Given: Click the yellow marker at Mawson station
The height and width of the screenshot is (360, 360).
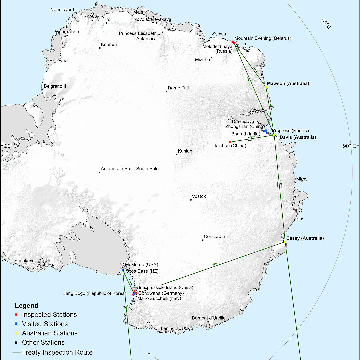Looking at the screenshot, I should (266, 87).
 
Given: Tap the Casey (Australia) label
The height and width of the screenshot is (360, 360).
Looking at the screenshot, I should (305, 238).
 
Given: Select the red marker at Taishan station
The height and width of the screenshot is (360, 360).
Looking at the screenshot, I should (230, 142).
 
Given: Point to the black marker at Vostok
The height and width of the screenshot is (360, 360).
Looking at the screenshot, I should (191, 200).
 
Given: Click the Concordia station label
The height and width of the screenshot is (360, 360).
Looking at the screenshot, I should (214, 236).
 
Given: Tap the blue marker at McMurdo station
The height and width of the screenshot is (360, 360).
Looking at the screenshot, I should (123, 270).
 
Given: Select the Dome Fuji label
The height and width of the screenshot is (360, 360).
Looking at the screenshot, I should (178, 88).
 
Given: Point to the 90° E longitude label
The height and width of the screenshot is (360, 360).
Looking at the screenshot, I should (349, 146).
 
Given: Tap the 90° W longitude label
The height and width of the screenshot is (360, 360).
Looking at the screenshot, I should (12, 146).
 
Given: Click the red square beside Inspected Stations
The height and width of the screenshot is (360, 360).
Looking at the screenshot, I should (16, 315).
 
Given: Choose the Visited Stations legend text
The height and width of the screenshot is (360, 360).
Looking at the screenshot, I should (45, 324).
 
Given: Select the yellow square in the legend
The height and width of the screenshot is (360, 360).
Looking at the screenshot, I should (16, 333).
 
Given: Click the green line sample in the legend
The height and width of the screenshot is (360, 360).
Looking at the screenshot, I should (16, 352).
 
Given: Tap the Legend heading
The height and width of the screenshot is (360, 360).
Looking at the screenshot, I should (26, 306).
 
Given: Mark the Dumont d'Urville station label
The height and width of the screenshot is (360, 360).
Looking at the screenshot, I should (209, 318).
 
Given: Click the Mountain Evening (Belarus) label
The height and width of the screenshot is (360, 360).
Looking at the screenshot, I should (263, 38).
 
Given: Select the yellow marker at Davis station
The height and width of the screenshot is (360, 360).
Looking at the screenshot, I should (274, 135).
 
